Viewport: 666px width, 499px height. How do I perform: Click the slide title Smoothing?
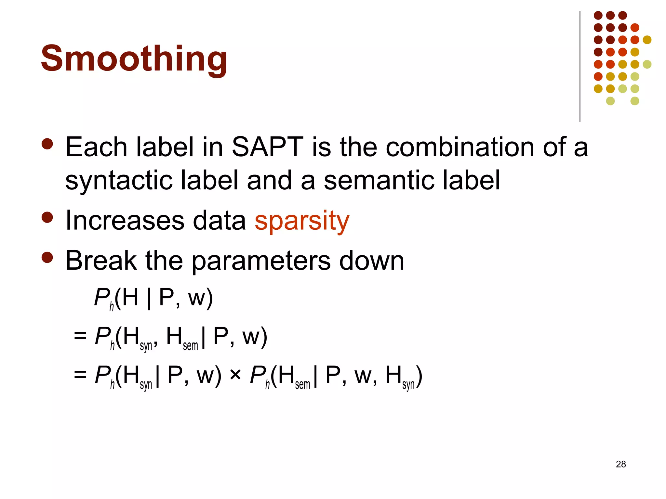[134, 59]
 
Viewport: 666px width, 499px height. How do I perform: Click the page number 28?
[620, 464]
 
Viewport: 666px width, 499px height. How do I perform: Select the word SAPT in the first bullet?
[267, 147]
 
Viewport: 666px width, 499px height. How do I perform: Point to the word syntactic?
[119, 181]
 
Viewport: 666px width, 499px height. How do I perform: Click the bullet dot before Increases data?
[47, 217]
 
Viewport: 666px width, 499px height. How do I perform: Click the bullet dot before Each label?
[47, 144]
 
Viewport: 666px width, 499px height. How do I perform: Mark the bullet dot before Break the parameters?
[47, 257]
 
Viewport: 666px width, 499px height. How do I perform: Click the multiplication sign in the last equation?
[235, 376]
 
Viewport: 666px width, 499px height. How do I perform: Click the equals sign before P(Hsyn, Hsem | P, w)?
[80, 336]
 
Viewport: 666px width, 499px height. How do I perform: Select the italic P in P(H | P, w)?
[101, 298]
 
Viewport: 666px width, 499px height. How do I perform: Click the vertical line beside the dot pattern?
[580, 67]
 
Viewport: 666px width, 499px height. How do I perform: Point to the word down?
[371, 261]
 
